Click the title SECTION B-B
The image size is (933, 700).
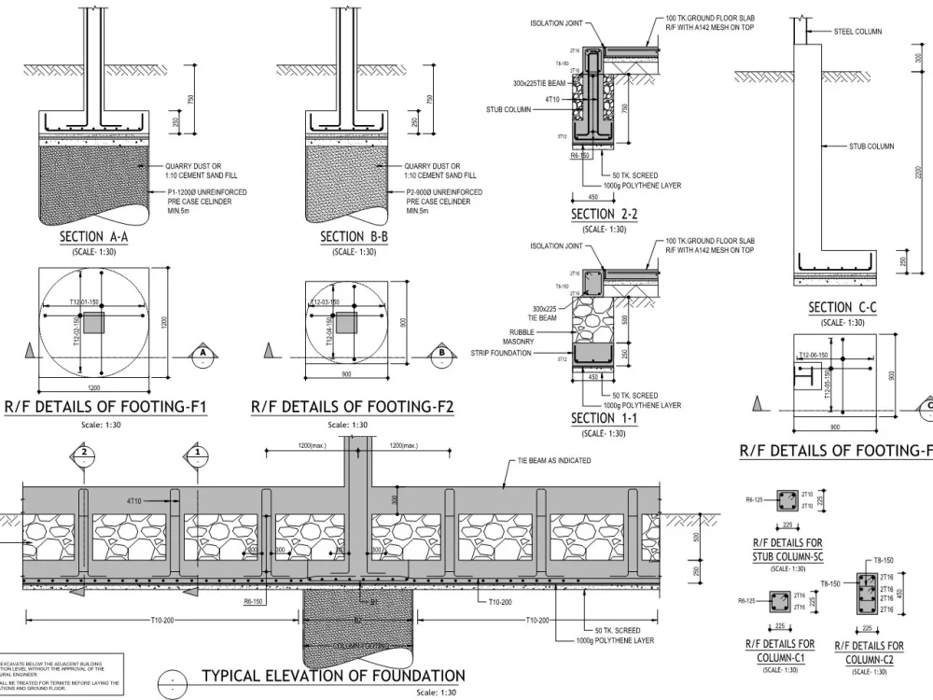click(355, 237)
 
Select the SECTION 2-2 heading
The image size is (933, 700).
click(604, 216)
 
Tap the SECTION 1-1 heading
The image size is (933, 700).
click(604, 419)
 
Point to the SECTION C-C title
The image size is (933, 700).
click(842, 307)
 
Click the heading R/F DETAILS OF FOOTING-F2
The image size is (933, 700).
click(353, 407)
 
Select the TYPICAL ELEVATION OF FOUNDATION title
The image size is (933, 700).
click(333, 676)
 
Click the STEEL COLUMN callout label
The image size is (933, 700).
click(857, 32)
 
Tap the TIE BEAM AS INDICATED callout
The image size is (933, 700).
click(553, 461)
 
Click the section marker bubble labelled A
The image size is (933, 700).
click(201, 354)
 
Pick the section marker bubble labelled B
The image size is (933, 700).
click(440, 354)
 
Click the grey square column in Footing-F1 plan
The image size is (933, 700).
click(94, 323)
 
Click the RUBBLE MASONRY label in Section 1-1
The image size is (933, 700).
click(521, 336)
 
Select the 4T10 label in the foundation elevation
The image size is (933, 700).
click(136, 501)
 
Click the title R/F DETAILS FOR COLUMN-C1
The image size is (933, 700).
click(780, 651)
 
